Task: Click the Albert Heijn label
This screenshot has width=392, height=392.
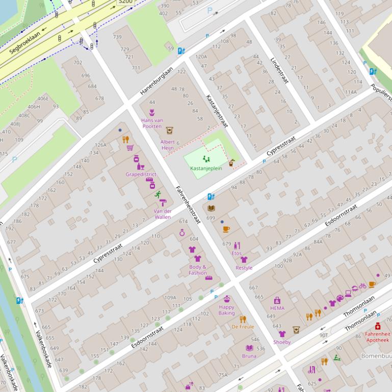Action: (168, 145)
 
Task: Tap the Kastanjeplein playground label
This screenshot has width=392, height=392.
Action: (206, 169)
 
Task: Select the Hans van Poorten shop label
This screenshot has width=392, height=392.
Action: (152, 123)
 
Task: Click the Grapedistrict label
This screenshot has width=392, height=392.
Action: (141, 174)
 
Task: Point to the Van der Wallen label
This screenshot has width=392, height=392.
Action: (163, 214)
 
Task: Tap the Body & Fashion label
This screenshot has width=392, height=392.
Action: (198, 270)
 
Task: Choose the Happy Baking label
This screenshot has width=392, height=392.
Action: (226, 310)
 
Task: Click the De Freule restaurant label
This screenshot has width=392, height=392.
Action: (243, 327)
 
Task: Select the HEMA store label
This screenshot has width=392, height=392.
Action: (277, 308)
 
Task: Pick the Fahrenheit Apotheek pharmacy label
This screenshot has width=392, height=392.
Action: (377, 337)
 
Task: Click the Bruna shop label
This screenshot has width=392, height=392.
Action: (249, 356)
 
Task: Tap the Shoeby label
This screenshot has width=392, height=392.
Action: (282, 342)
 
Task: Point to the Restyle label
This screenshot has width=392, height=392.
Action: (244, 268)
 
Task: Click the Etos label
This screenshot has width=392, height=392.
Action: (237, 253)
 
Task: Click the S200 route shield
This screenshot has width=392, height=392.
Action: (125, 2)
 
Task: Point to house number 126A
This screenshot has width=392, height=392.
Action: (100, 145)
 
